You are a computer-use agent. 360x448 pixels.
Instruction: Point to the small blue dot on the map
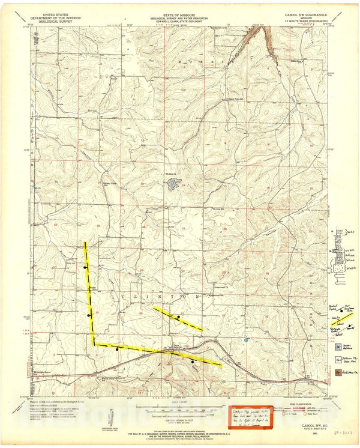[x=246, y=340]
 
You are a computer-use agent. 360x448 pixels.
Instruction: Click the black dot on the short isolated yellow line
[x=178, y=316]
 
